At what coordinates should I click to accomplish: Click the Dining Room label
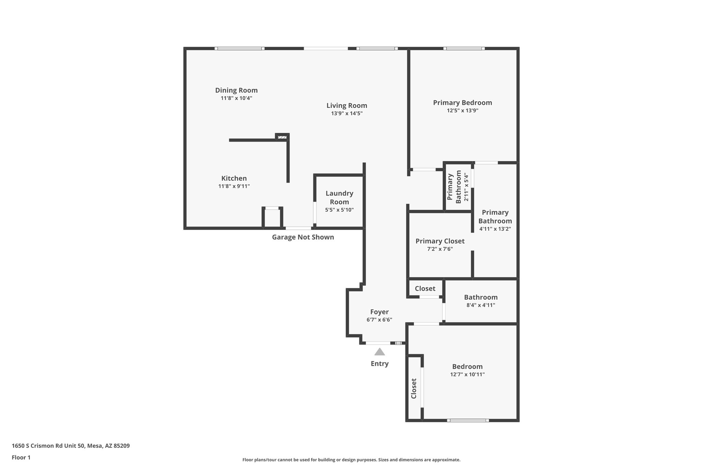pyautogui.click(x=236, y=90)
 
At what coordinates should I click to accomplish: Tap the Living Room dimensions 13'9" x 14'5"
pyautogui.click(x=347, y=113)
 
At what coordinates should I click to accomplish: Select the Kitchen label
pyautogui.click(x=234, y=178)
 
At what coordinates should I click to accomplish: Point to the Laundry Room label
pyautogui.click(x=339, y=198)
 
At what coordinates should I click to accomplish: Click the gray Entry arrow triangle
pyautogui.click(x=379, y=352)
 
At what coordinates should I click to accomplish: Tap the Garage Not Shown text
pyautogui.click(x=303, y=237)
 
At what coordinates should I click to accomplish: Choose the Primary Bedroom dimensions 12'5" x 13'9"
pyautogui.click(x=462, y=111)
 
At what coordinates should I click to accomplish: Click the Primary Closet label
pyautogui.click(x=440, y=241)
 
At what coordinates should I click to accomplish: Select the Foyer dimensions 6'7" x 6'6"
pyautogui.click(x=379, y=320)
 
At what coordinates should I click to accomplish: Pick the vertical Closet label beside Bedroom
pyautogui.click(x=414, y=389)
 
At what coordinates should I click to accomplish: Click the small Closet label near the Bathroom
pyautogui.click(x=425, y=289)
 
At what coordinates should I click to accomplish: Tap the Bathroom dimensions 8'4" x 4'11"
pyautogui.click(x=481, y=305)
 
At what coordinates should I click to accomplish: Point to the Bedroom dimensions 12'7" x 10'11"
pyautogui.click(x=467, y=375)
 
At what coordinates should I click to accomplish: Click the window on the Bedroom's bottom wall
pyautogui.click(x=468, y=420)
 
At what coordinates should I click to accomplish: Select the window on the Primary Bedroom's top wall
pyautogui.click(x=464, y=48)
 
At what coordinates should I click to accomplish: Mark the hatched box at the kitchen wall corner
pyautogui.click(x=282, y=137)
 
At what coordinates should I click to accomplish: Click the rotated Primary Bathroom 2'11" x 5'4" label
pyautogui.click(x=458, y=187)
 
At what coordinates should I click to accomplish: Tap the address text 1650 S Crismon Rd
pyautogui.click(x=71, y=446)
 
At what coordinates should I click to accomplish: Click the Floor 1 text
pyautogui.click(x=21, y=458)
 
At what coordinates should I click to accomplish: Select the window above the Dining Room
pyautogui.click(x=240, y=48)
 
